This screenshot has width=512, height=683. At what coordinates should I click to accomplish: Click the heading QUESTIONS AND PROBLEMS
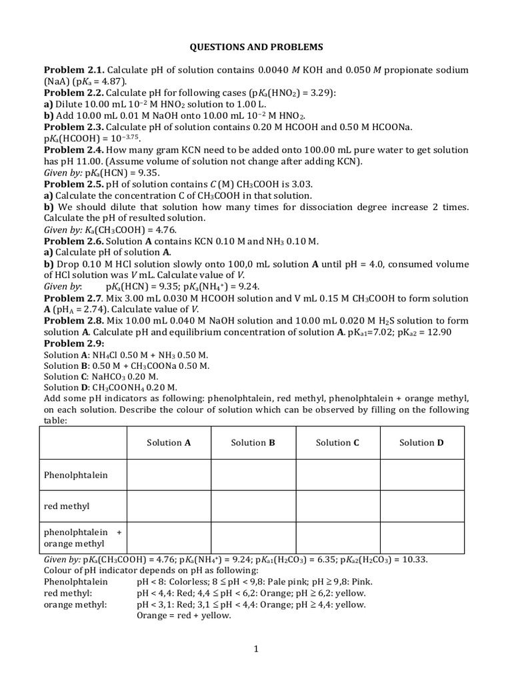257,47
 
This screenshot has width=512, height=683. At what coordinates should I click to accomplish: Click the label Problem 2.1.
74,70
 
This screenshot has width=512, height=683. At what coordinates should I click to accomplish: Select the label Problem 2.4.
74,149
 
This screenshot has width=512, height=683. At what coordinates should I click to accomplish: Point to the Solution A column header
169,442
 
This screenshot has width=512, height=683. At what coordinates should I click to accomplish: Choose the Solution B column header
253,442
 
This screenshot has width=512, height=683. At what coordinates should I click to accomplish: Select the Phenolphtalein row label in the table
75,475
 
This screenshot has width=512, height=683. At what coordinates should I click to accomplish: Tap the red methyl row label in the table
67,506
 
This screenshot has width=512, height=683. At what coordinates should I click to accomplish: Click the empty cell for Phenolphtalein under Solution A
169,475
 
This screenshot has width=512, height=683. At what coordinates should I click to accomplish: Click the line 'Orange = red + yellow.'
183,616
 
